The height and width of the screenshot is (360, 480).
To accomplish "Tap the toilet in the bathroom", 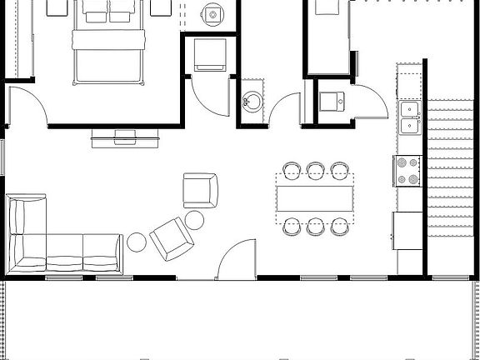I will (214, 14).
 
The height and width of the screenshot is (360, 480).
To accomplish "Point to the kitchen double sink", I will (409, 117).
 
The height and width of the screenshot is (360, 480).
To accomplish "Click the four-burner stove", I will (407, 171).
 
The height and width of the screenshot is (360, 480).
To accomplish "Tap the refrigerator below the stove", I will (408, 230).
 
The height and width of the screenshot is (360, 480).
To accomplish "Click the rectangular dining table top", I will (315, 198).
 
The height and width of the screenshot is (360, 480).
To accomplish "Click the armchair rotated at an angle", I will (172, 237).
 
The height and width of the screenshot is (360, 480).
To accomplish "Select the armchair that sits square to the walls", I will (200, 189).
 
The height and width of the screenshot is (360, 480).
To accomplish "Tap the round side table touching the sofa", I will (136, 242).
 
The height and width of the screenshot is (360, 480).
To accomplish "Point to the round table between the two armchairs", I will (194, 220).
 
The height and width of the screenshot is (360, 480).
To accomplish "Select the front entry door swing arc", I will (238, 258).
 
